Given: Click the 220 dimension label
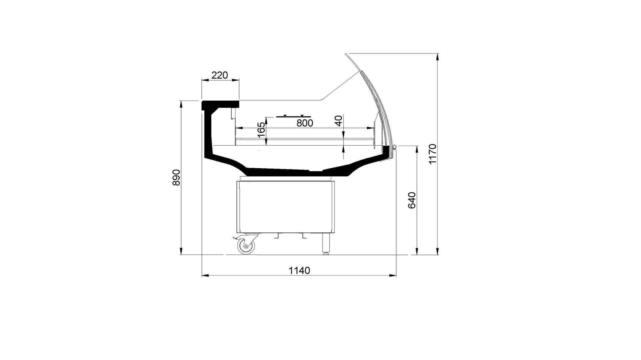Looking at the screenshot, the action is tap(219, 75).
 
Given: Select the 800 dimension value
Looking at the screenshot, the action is tap(305, 123).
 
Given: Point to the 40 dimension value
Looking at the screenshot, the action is tap(338, 121).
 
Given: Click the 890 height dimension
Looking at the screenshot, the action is tap(177, 177).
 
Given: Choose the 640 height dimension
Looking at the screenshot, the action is tap(411, 200).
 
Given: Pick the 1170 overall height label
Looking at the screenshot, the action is tap(432, 154).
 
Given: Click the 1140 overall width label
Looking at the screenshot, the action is tap(299, 271).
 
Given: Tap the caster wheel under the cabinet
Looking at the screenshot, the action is tap(246, 246).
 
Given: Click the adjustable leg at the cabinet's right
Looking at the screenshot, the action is tap(326, 244).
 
